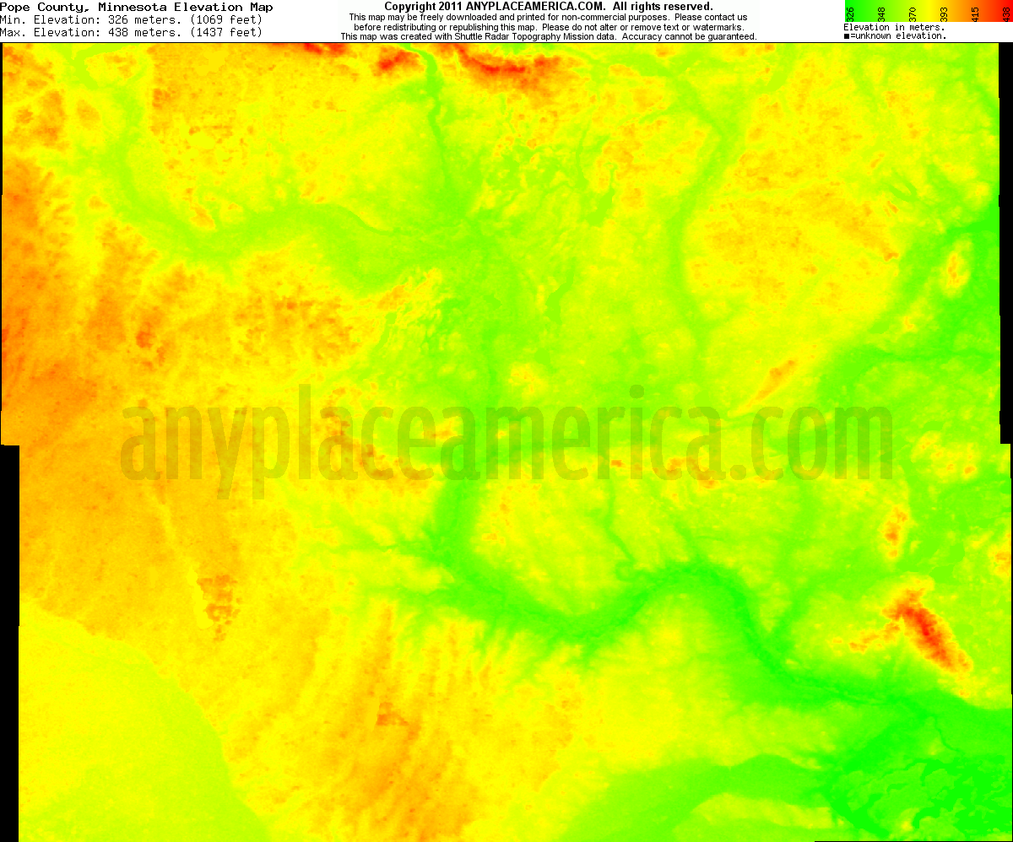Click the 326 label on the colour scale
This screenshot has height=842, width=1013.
[x=850, y=13]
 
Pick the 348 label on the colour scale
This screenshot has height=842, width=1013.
[x=881, y=13]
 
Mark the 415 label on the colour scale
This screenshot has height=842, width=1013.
[x=975, y=13]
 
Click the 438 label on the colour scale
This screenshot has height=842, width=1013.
[x=1005, y=13]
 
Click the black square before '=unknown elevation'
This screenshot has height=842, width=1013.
[x=847, y=36]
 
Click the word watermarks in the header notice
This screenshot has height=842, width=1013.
[x=719, y=27]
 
